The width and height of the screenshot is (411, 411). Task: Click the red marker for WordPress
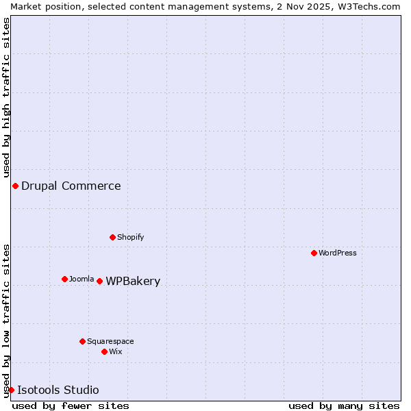pos(314,253)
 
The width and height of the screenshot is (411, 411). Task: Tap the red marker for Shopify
pos(112,237)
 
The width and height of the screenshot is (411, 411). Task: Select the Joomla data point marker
pos(64,279)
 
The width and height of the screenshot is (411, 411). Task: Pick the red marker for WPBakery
pos(99,281)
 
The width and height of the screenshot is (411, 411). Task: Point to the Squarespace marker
pos(82,341)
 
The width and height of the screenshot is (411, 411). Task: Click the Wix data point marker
pos(104,351)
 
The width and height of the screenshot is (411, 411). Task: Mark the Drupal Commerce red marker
pos(15,186)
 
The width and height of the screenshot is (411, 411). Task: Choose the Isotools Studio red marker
pos(11,390)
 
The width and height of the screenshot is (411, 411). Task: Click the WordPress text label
pos(338,253)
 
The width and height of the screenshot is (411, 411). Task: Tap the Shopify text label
pos(130,237)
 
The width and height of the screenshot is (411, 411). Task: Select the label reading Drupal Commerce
pos(71,186)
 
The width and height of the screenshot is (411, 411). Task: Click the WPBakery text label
pos(133,281)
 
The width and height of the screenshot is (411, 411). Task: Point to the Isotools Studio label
pos(58,390)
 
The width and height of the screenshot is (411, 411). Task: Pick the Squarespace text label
pos(110,341)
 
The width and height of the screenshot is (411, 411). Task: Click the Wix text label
pos(116,351)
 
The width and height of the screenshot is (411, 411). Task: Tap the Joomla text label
pos(82,279)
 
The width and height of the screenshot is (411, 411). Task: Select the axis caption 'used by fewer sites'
pos(71,406)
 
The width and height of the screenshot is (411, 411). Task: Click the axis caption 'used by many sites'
pos(344,406)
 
